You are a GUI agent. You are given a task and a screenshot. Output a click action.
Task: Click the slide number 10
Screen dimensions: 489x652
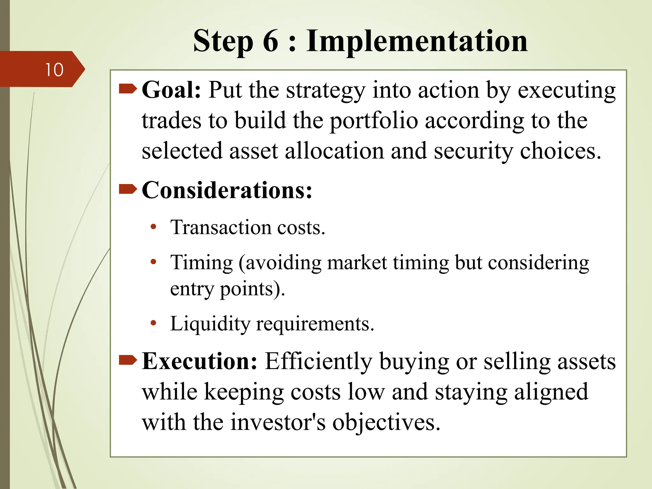point(54,70)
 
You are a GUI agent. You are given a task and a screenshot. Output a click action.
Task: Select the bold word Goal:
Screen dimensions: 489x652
point(171,90)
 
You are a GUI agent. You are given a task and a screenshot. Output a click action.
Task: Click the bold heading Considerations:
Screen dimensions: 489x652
point(227,190)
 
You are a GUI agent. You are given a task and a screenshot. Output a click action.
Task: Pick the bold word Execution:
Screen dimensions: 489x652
point(199,361)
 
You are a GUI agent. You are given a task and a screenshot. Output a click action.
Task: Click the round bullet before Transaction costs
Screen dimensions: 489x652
point(153,227)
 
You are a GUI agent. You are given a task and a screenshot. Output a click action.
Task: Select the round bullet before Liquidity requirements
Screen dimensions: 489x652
point(153,323)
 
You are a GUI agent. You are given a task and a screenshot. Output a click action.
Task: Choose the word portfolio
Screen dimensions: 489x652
point(373,121)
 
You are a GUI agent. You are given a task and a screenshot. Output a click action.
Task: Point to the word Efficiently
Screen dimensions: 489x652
point(318,362)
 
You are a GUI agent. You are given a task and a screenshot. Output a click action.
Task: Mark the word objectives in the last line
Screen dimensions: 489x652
point(386,423)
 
